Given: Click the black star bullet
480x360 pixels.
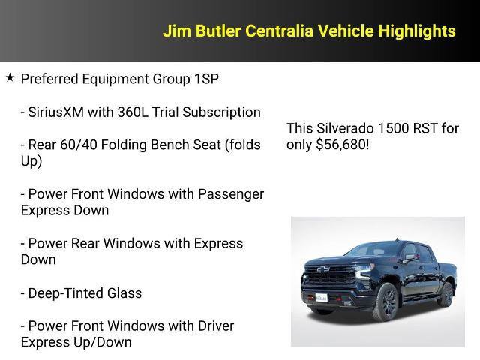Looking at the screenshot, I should point(10,78).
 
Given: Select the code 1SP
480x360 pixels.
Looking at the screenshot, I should point(203,79).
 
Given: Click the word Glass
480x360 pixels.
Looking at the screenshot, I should point(126,293).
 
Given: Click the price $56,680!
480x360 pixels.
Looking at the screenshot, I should point(343,145).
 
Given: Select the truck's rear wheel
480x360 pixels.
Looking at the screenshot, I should point(447,293).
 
